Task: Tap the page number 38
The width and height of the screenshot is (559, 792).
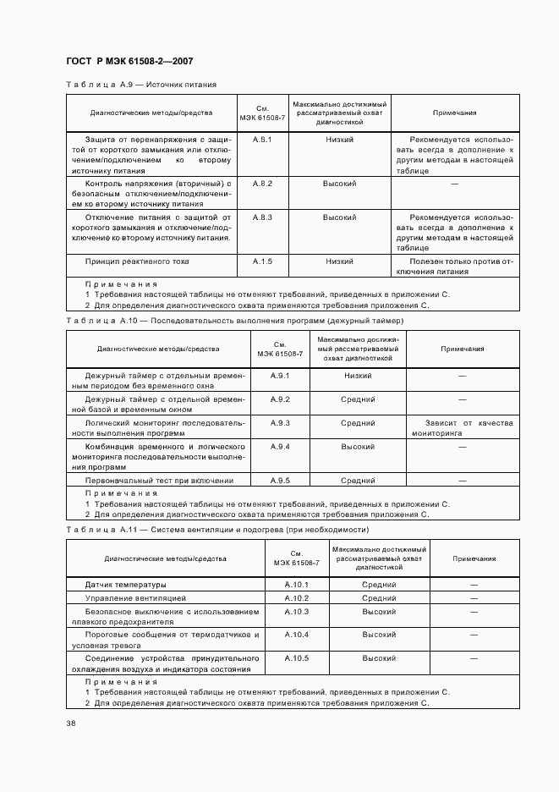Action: pyautogui.click(x=70, y=723)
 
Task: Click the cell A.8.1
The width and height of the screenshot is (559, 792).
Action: pyautogui.click(x=261, y=139)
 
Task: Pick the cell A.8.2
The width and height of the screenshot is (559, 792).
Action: pyautogui.click(x=261, y=184)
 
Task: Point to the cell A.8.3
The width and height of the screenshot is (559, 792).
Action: pyautogui.click(x=261, y=217)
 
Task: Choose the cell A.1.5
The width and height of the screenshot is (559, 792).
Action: pyautogui.click(x=261, y=261)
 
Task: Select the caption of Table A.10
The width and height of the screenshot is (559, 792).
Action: pyautogui.click(x=234, y=321)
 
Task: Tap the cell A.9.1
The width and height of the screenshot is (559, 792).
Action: pyautogui.click(x=280, y=375)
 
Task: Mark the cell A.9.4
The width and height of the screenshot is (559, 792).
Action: pyautogui.click(x=280, y=446)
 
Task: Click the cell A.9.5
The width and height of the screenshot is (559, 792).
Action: pyautogui.click(x=280, y=480)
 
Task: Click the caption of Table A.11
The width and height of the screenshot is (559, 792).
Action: pyautogui.click(x=217, y=529)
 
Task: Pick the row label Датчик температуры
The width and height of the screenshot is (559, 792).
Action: pyautogui.click(x=126, y=585)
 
